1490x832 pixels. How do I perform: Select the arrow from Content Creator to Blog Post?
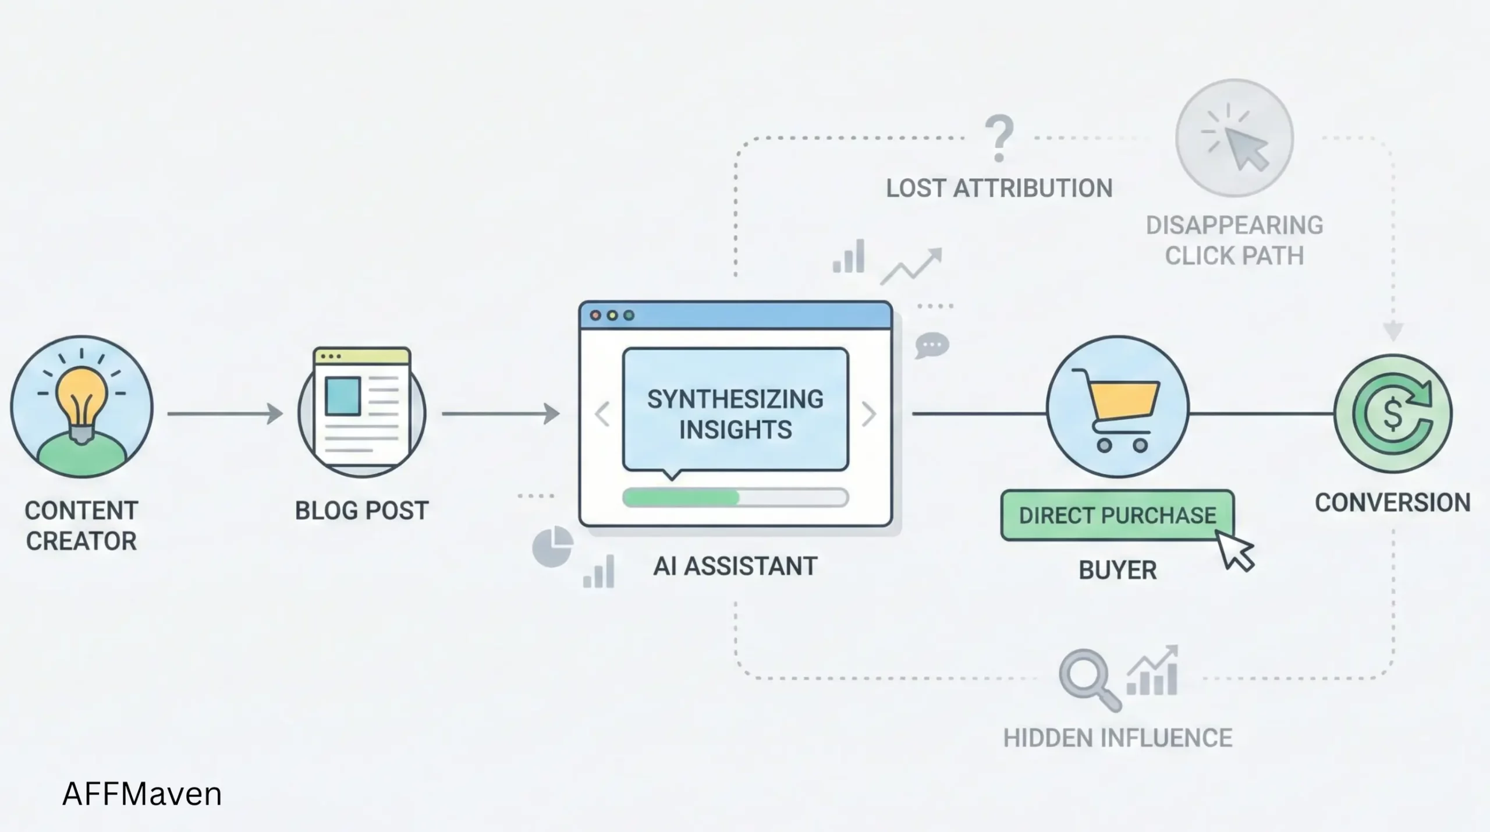coord(225,413)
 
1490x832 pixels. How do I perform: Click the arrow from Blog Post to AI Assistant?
coord(501,413)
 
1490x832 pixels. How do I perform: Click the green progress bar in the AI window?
coord(681,498)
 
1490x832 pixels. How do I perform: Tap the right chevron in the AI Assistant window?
coord(868,414)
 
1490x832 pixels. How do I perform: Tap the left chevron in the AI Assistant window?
coord(602,414)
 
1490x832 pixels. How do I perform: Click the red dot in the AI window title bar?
coord(595,316)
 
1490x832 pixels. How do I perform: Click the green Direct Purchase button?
coord(1117,515)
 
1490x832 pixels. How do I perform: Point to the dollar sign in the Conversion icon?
coord(1392,414)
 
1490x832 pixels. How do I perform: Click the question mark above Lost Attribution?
coord(999,139)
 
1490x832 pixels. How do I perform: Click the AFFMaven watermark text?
coord(142,794)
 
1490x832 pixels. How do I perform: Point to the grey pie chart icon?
coord(552,547)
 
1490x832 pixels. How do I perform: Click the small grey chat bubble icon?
coord(932,345)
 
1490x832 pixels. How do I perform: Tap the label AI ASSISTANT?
coord(735,566)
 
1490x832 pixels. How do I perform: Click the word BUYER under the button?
coord(1117,570)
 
